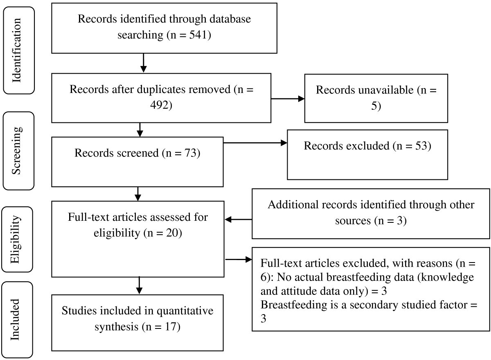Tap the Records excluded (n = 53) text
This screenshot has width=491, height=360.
coord(367,146)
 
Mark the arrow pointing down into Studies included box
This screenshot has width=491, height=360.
coord(140,285)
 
